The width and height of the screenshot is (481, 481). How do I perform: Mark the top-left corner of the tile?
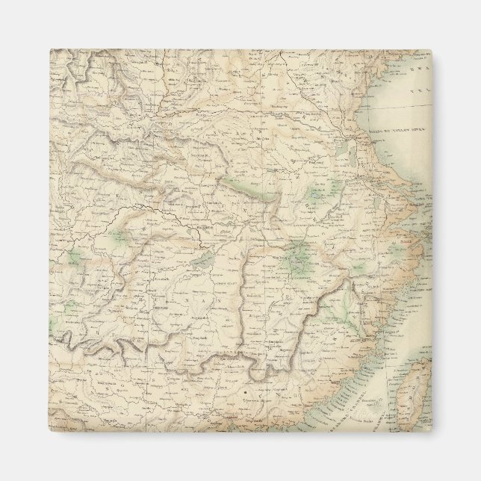pos(51,50)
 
